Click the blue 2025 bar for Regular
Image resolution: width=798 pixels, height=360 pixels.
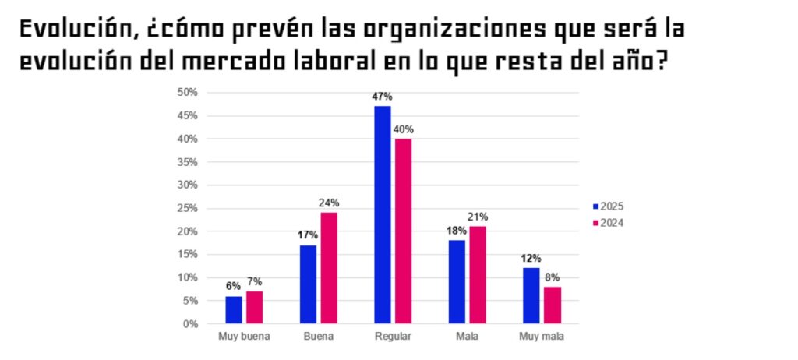point(382,214)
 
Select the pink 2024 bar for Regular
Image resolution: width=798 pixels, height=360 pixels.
point(403,231)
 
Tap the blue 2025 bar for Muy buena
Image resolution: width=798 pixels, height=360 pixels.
point(234,309)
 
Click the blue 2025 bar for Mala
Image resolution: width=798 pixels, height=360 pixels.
point(457,281)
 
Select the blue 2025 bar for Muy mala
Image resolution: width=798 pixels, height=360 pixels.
point(531,295)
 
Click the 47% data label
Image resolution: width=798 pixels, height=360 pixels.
point(382,97)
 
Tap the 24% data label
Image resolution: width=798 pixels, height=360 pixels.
point(329,203)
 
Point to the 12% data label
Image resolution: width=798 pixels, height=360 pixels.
point(531,258)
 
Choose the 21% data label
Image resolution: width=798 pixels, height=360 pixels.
point(478,217)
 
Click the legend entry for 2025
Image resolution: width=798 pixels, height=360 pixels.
point(607,206)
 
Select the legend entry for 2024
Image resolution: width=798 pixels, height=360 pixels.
point(607,223)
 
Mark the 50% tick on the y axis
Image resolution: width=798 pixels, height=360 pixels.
point(189,93)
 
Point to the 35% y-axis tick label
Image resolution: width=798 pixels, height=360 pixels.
point(189,162)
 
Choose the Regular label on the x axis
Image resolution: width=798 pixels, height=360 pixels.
point(392,337)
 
